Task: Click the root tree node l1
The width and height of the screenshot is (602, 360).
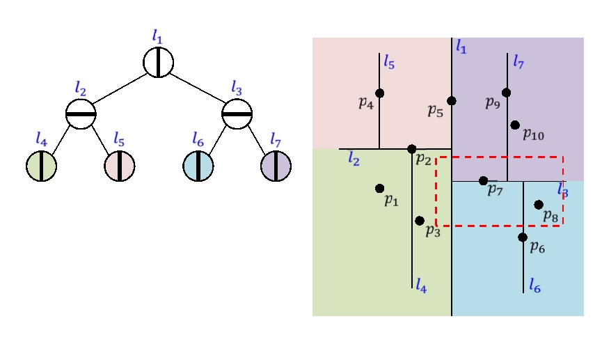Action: [159, 62]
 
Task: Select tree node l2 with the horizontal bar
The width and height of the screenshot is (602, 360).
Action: [81, 114]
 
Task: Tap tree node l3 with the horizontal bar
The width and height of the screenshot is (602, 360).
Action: [237, 114]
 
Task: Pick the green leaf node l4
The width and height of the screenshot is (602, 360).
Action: [41, 166]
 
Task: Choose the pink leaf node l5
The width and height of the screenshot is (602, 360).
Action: [120, 166]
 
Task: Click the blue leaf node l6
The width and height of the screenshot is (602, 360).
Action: [198, 166]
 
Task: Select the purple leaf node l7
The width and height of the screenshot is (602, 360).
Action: [276, 166]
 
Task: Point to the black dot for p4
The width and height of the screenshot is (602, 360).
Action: [379, 93]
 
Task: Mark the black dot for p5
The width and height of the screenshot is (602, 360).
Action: [452, 101]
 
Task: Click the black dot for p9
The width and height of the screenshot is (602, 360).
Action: [506, 93]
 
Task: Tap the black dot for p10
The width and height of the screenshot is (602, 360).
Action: [514, 125]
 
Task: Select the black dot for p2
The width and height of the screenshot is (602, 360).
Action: [411, 149]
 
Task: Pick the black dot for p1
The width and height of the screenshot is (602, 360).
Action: [379, 188]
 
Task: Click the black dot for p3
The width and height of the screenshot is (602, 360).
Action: [419, 221]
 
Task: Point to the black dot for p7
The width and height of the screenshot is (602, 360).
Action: [483, 181]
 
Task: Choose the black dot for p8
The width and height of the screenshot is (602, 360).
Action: [538, 205]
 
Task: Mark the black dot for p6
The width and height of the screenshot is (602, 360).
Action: [523, 237]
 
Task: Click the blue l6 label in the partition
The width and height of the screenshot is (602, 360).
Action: [534, 285]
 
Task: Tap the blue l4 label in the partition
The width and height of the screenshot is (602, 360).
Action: [421, 284]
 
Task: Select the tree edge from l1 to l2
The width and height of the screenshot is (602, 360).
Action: [118, 88]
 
